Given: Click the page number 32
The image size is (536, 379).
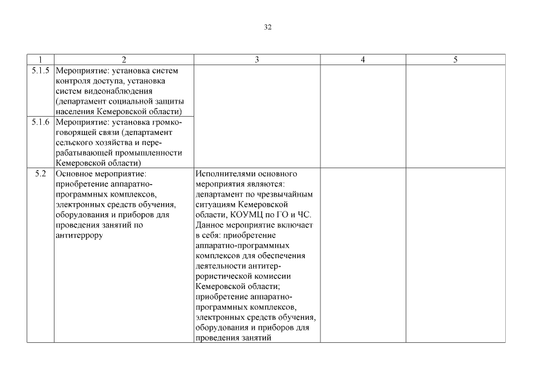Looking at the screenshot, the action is coord(268,27).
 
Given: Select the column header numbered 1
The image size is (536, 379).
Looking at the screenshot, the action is coord(40,60).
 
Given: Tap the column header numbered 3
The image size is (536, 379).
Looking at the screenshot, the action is coord(256,60).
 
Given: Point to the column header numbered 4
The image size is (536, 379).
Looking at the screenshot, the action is coord(362,60).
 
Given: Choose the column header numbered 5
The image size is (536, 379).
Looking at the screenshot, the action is coord(455,60).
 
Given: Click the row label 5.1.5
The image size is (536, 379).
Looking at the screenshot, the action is coord(40,70).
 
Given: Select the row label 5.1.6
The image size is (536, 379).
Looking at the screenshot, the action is coord(40,122).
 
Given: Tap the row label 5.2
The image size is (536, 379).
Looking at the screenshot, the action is coord(40,174).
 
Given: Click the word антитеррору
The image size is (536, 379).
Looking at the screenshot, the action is coord(79,236).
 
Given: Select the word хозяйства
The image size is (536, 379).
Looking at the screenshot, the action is coord(118,143).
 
